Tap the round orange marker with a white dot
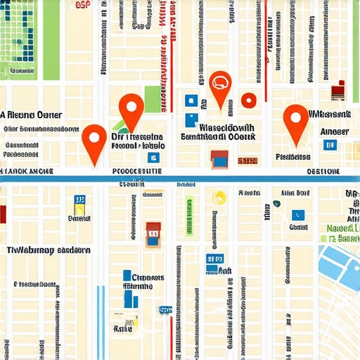click(x=247, y=101)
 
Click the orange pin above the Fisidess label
click(x=295, y=119)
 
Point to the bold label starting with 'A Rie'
click(x=32, y=115)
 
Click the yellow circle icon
click(x=219, y=198)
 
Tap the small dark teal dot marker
click(x=277, y=203)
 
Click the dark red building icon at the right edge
click(x=339, y=89)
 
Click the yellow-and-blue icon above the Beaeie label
click(x=78, y=204)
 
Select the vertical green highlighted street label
click(x=188, y=215)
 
